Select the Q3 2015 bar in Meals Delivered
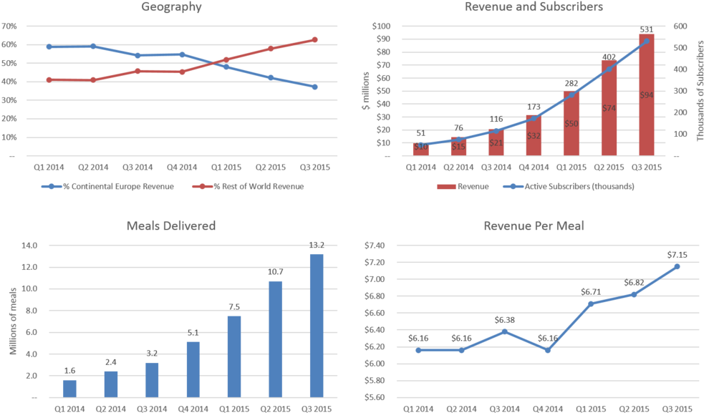point(316,326)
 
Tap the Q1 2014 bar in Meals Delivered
point(69,389)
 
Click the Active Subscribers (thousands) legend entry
point(579,187)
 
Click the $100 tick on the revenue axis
point(381,26)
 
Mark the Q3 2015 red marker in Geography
point(314,39)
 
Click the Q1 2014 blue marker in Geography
point(49,47)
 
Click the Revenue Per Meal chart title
point(534,226)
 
